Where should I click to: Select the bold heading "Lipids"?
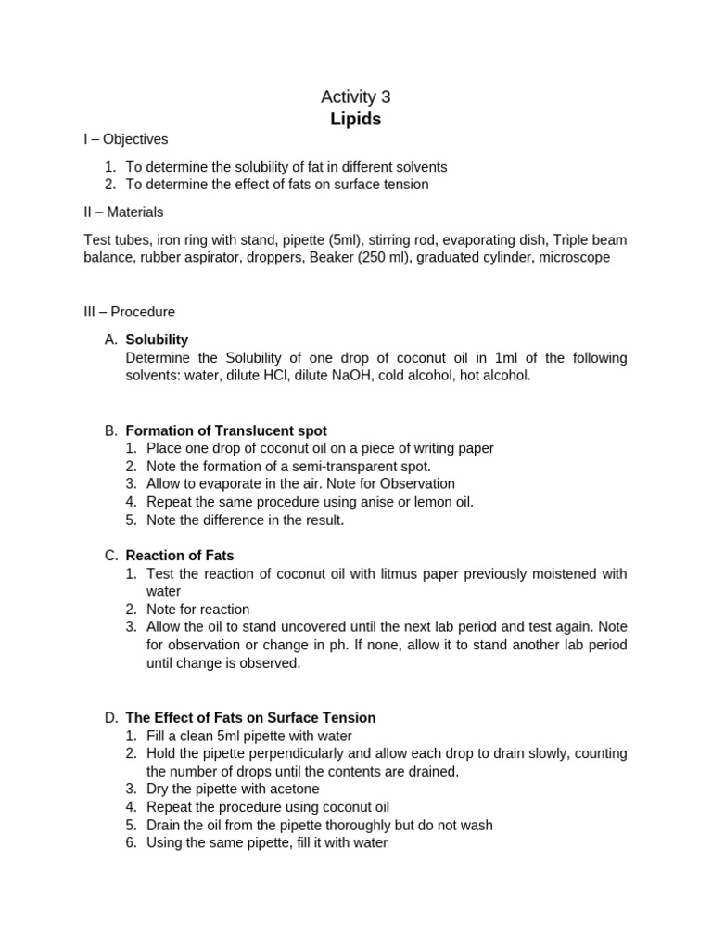coord(356,119)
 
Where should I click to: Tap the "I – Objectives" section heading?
coord(126,139)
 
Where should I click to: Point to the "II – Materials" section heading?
coord(123,212)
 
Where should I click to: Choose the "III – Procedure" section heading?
coord(129,312)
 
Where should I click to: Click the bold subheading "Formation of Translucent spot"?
coord(226,430)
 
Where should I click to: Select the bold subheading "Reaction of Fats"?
coord(180,556)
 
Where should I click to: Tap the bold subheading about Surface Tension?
coord(250,718)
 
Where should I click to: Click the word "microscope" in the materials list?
coord(576,257)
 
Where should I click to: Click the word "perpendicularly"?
coord(278,753)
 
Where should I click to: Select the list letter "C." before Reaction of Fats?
coord(111,556)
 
